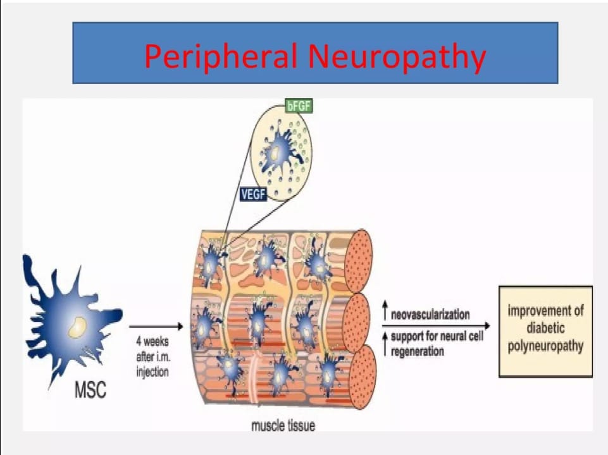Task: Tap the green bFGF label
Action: pos(299,106)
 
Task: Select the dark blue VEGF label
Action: pos(253,195)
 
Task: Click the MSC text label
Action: pos(90,390)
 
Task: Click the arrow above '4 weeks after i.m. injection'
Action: pos(156,327)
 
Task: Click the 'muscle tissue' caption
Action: pos(283,425)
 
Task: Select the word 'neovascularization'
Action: pos(430,315)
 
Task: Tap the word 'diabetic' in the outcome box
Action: pos(545,329)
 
